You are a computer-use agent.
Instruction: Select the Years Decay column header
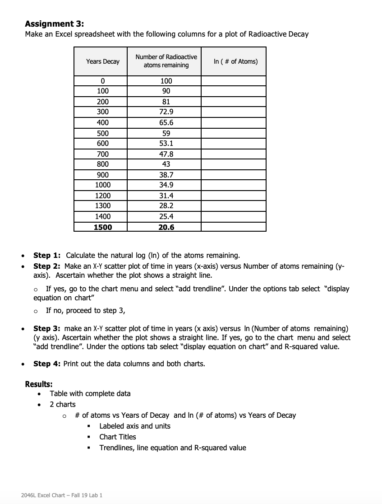[x=103, y=61]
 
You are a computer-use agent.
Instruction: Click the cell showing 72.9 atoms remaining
[x=166, y=112]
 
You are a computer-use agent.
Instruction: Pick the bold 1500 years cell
[x=103, y=227]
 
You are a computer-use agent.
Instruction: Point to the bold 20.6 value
[x=166, y=227]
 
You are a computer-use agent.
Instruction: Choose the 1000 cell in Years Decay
[x=103, y=185]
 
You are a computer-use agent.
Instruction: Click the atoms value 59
[x=166, y=133]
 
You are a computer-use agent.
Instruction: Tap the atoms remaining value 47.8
[x=166, y=154]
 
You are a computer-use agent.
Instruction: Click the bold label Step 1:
[x=47, y=255]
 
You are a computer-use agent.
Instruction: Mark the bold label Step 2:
[x=47, y=266]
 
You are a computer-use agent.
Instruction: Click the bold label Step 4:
[x=47, y=364]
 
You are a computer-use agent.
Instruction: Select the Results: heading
[x=39, y=384]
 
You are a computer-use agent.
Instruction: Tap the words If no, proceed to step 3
[x=85, y=310]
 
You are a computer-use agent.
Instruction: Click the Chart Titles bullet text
[x=117, y=437]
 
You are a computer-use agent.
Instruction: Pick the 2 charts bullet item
[x=63, y=404]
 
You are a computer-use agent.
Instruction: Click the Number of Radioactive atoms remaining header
[x=166, y=61]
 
